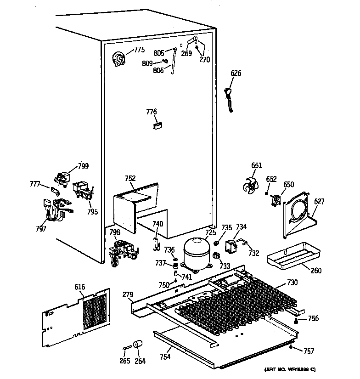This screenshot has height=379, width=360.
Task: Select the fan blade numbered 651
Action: coord(252,185)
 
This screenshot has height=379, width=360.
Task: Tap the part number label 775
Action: coord(139,50)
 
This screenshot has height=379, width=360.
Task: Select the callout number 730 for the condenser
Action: coord(292,282)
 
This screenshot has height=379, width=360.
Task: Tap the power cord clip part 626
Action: coord(229,97)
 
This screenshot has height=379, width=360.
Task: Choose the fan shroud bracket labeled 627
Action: coord(298,216)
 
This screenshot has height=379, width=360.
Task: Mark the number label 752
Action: coord(130,179)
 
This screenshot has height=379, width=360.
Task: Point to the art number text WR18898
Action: coord(290,370)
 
